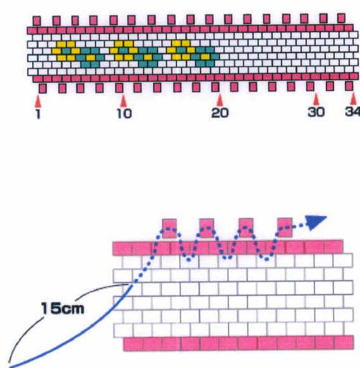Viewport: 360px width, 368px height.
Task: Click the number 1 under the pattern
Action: click(x=39, y=114)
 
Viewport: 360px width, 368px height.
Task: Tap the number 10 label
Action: click(x=124, y=114)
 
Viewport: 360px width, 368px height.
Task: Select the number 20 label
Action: click(x=220, y=113)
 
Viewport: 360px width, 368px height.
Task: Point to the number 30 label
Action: click(x=316, y=112)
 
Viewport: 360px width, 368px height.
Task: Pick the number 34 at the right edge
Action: click(x=352, y=111)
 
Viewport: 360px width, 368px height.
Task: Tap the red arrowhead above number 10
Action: click(x=123, y=101)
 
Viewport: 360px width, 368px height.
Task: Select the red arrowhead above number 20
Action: click(x=220, y=100)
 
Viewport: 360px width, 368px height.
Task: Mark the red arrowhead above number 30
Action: click(x=316, y=99)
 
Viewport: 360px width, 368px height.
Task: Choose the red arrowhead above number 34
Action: click(x=353, y=99)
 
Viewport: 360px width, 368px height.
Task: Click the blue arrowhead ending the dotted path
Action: click(x=316, y=222)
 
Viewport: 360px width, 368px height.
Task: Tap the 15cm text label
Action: click(x=63, y=308)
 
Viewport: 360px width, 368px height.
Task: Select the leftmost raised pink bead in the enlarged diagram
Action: click(x=170, y=228)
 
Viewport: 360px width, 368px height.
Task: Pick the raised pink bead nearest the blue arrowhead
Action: click(x=285, y=228)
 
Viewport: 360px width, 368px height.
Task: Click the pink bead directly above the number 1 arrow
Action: click(x=42, y=89)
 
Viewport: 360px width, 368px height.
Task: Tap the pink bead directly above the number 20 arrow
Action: click(x=215, y=87)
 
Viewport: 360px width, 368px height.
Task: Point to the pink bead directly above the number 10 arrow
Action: click(x=120, y=88)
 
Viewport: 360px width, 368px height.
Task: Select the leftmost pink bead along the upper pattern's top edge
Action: click(x=37, y=21)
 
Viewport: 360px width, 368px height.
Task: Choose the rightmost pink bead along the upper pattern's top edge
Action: click(x=341, y=18)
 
